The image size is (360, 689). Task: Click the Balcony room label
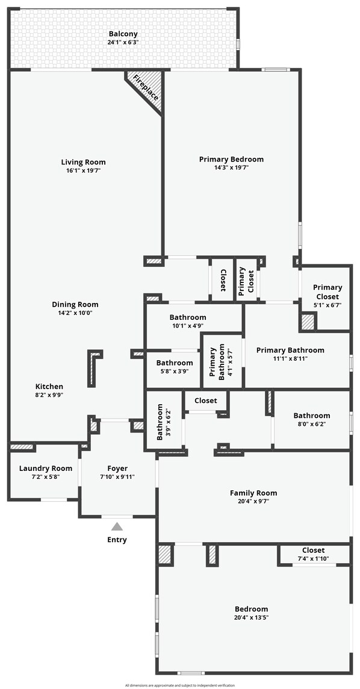coord(123,34)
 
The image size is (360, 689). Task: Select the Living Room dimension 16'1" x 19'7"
coord(83,170)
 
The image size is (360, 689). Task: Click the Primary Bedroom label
coord(231,159)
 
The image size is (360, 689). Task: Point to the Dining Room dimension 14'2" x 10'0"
coord(75,313)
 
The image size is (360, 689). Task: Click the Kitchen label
coord(49,387)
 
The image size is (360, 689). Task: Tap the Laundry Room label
coord(45,468)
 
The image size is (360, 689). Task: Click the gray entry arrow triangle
coord(117,526)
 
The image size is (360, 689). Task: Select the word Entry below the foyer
coord(117,540)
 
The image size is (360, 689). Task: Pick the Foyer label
coord(117,468)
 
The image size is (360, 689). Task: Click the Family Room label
coord(253,493)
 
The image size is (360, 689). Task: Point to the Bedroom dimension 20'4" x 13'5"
coord(252,617)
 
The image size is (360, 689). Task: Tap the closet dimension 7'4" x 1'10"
coord(313,559)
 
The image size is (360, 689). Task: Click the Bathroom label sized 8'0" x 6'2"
coord(311,416)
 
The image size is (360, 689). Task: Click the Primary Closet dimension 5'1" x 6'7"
coord(327,305)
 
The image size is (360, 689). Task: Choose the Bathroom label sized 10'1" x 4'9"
coord(188,317)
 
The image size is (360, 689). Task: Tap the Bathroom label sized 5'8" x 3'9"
coord(175,363)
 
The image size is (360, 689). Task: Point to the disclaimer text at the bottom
coord(180,685)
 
